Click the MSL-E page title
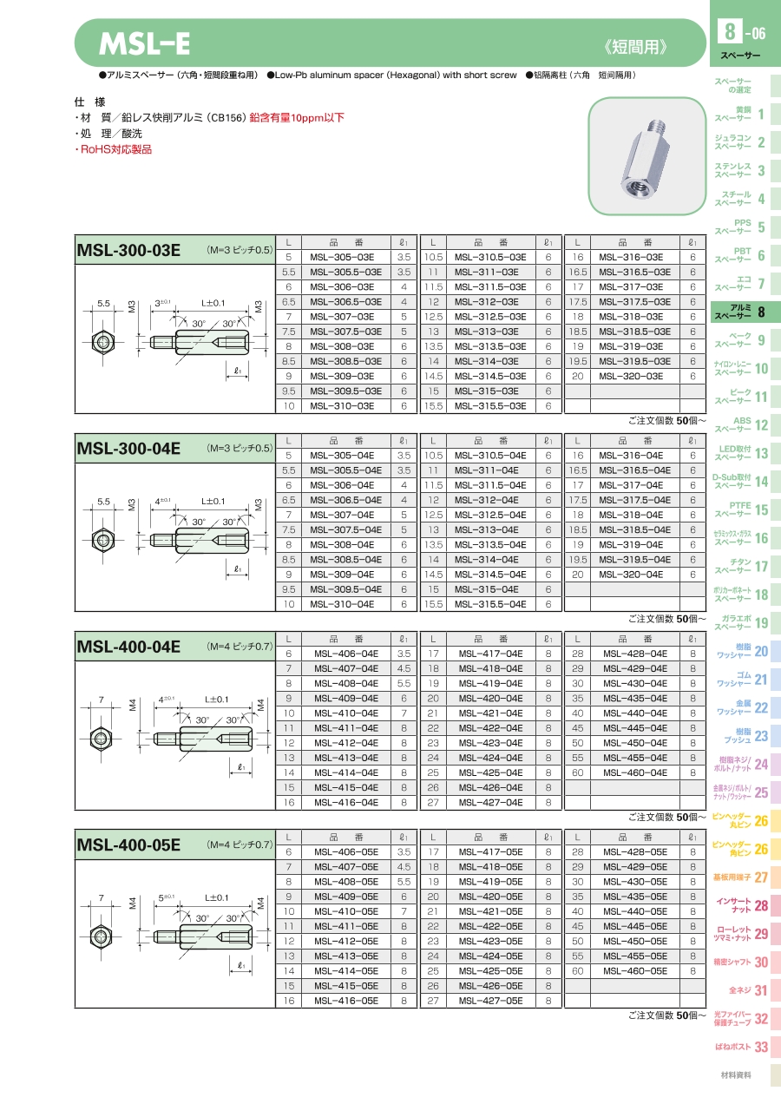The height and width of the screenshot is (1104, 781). pyautogui.click(x=144, y=43)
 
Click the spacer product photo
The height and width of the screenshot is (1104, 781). pyautogui.click(x=647, y=155)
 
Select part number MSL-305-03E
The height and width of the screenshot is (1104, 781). pyautogui.click(x=342, y=257)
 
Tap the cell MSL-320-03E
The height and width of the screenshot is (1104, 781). pyautogui.click(x=631, y=376)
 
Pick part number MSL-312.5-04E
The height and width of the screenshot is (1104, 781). pyautogui.click(x=490, y=515)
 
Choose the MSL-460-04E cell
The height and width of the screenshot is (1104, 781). pyautogui.click(x=635, y=772)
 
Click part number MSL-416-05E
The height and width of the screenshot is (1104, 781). pyautogui.click(x=346, y=1001)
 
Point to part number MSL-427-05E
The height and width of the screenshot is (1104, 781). pyautogui.click(x=490, y=1001)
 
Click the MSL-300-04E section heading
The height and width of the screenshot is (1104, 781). pyautogui.click(x=128, y=449)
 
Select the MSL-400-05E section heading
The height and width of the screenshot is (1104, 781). pyautogui.click(x=128, y=844)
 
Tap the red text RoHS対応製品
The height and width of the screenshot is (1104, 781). pyautogui.click(x=114, y=149)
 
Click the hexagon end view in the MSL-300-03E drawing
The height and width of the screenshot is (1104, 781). pyautogui.click(x=103, y=342)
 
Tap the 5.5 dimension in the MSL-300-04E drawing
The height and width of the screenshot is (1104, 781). pyautogui.click(x=103, y=502)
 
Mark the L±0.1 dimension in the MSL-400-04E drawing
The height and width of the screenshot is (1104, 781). pyautogui.click(x=216, y=700)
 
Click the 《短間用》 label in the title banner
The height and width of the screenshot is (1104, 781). pyautogui.click(x=636, y=48)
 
